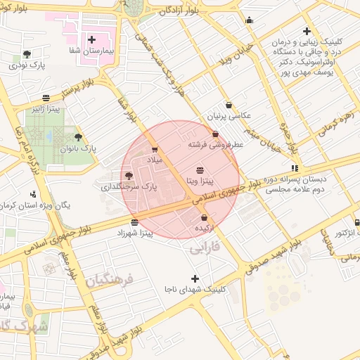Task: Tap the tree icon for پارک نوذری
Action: (x=27, y=54)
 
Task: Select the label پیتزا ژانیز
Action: (x=44, y=109)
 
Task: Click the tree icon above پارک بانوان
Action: (x=77, y=137)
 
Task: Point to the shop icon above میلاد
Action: (x=155, y=149)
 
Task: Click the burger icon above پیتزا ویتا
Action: (x=200, y=170)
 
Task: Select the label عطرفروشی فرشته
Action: (x=215, y=144)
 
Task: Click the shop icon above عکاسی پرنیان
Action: (x=229, y=105)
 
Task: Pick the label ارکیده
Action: (x=204, y=229)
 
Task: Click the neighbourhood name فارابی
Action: (x=205, y=248)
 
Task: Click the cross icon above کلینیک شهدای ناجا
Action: (x=195, y=278)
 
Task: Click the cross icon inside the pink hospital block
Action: (x=91, y=39)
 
